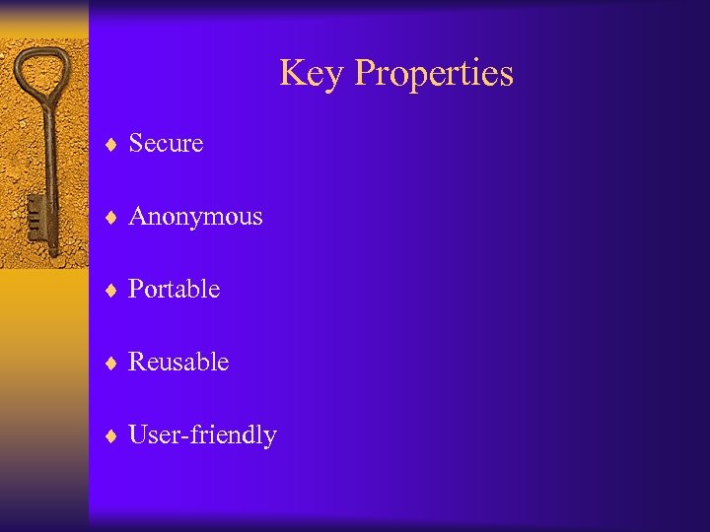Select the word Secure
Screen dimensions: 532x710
tap(166, 144)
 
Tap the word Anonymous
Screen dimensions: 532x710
tap(195, 217)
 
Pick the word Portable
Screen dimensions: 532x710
tap(174, 290)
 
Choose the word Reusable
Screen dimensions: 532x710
tap(178, 363)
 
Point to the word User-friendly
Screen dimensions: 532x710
tap(202, 435)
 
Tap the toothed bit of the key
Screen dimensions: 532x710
tap(36, 212)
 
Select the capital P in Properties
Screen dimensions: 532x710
tap(363, 74)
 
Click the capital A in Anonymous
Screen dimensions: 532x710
tap(138, 217)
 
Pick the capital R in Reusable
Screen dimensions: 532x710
tap(138, 363)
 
